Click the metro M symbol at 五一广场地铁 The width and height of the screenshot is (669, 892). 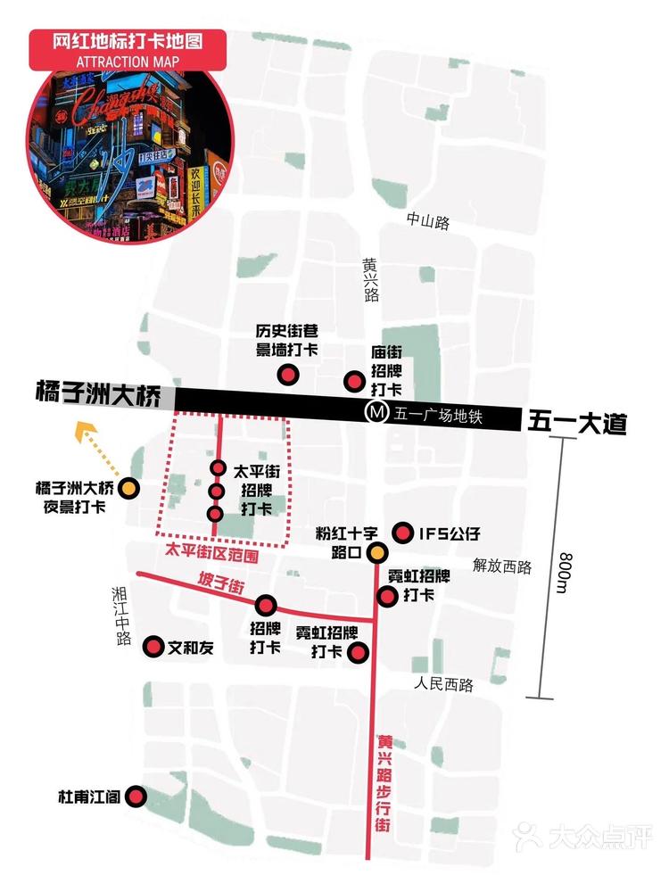(377, 413)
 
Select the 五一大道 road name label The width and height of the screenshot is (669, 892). (577, 421)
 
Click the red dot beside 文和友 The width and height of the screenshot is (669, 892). (153, 647)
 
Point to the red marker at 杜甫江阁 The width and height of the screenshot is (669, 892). (136, 797)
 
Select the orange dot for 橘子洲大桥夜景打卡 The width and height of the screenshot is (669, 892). (129, 488)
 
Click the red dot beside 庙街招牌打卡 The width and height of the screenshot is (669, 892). (354, 383)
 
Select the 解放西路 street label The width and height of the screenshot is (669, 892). (502, 566)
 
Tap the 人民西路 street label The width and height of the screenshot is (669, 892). (443, 685)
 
